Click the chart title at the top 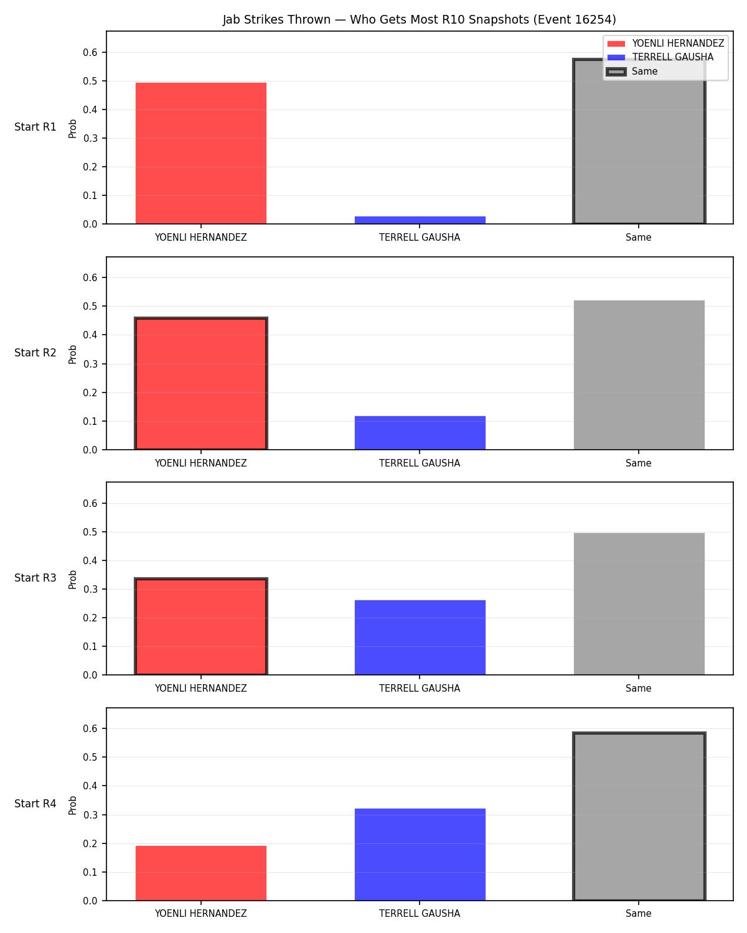pyautogui.click(x=420, y=19)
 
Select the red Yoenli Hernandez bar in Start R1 pyautogui.click(x=201, y=153)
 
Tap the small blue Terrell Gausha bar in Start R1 pyautogui.click(x=420, y=220)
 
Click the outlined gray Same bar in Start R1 pyautogui.click(x=639, y=141)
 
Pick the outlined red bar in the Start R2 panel pyautogui.click(x=201, y=383)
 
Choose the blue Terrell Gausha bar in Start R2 pyautogui.click(x=420, y=432)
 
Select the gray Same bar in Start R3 pyautogui.click(x=639, y=603)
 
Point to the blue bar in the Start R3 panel pyautogui.click(x=420, y=637)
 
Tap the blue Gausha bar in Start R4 pyautogui.click(x=420, y=854)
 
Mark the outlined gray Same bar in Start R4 pyautogui.click(x=639, y=816)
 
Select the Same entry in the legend pyautogui.click(x=632, y=72)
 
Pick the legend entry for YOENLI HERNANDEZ pyautogui.click(x=665, y=44)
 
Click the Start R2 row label pyautogui.click(x=35, y=353)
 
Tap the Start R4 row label pyautogui.click(x=35, y=804)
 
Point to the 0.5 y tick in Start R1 pyautogui.click(x=90, y=81)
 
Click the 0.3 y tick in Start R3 pyautogui.click(x=90, y=589)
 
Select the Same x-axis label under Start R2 pyautogui.click(x=639, y=463)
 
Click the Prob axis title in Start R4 pyautogui.click(x=72, y=805)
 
